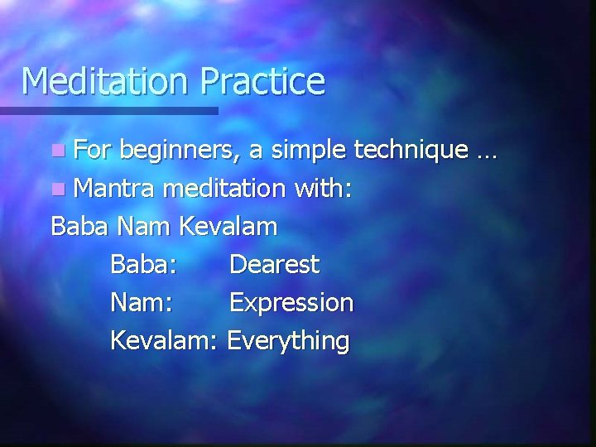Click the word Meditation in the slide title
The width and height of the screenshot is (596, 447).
(x=104, y=81)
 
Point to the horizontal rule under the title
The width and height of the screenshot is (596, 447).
(x=108, y=110)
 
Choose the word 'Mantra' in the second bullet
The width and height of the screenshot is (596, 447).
(x=114, y=190)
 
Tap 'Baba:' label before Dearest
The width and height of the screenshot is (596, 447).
(x=142, y=265)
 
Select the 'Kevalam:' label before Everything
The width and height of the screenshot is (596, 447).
(x=163, y=340)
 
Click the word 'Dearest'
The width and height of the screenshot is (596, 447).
(x=274, y=265)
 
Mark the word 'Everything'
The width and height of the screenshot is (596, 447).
(x=288, y=341)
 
